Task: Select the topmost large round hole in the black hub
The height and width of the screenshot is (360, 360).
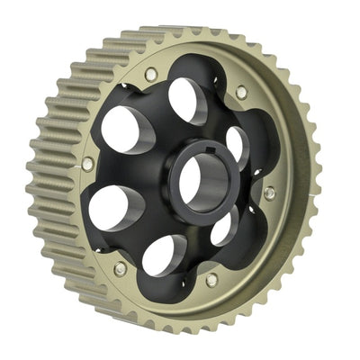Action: click(x=186, y=99)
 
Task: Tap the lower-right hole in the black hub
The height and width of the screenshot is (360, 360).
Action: click(x=224, y=226)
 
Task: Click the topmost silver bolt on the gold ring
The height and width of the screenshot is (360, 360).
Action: click(x=150, y=72)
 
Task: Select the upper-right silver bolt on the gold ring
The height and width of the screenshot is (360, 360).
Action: click(x=241, y=92)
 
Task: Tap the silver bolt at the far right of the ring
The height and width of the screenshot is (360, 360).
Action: click(x=269, y=193)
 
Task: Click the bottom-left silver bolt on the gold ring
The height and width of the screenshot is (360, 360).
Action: click(x=120, y=268)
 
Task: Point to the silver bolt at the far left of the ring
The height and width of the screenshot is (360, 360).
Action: click(x=87, y=164)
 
